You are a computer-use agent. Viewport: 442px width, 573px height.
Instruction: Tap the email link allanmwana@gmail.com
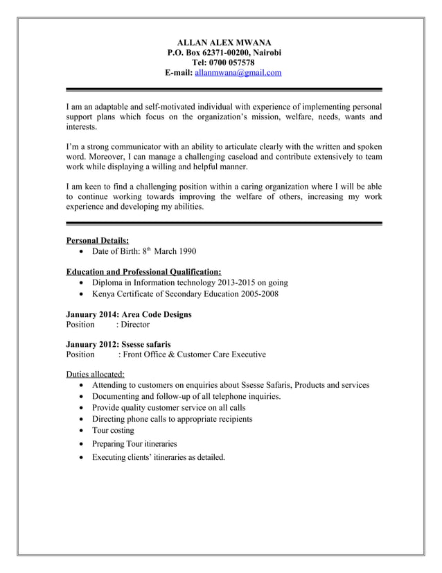(x=238, y=72)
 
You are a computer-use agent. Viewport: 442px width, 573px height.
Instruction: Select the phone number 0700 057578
(x=237, y=62)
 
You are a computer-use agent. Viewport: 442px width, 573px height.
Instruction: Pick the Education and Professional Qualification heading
(x=143, y=272)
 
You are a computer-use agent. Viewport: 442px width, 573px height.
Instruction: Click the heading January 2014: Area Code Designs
(x=128, y=314)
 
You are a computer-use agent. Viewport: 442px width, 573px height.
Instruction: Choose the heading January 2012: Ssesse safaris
(x=118, y=344)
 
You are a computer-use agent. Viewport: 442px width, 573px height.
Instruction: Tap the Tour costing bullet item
(x=113, y=431)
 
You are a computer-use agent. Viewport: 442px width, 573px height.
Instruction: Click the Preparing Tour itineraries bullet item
(x=134, y=443)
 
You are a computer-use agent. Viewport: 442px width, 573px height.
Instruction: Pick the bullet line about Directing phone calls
(x=172, y=419)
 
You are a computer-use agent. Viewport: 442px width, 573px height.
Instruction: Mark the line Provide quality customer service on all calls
(x=169, y=408)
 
